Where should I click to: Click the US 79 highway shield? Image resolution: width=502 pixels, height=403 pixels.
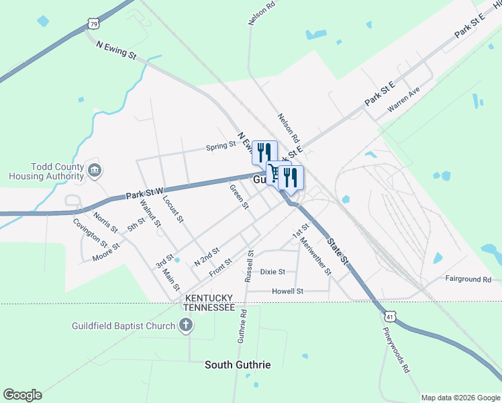pos(93,24)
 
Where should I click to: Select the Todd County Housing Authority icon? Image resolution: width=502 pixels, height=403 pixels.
pos(94,171)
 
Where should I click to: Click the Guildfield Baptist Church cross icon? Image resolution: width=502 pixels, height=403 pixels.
pos(186,326)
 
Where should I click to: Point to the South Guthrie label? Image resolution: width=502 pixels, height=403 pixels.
pos(238,365)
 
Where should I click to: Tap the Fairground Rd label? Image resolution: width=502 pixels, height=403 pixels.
pos(468,279)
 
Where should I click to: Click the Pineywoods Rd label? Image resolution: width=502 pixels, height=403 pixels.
pos(397,351)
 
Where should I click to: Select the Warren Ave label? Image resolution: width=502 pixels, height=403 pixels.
pos(403,99)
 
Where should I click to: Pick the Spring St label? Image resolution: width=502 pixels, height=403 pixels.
pos(221,145)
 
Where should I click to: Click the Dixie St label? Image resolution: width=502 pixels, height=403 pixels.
pos(272,272)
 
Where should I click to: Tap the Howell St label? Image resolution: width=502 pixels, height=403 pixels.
pos(288,292)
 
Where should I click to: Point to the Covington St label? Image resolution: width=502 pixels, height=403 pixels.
pos(90,232)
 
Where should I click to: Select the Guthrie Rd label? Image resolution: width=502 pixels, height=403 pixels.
pos(242,326)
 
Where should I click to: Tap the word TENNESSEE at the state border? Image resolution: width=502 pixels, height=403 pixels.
pos(209,307)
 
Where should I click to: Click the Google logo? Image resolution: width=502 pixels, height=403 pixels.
pos(22,395)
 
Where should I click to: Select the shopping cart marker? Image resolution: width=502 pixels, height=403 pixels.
pos(274,175)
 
